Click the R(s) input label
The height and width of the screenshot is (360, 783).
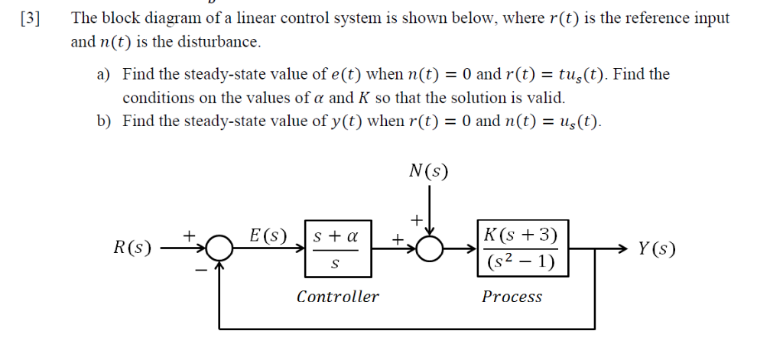[x=132, y=248]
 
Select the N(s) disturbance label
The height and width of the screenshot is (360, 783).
[x=429, y=170]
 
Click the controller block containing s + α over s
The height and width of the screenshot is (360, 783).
[x=338, y=248]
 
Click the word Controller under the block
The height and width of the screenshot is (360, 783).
[x=337, y=297]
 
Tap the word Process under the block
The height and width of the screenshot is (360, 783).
[x=512, y=297]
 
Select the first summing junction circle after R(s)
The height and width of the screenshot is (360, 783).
[x=221, y=248]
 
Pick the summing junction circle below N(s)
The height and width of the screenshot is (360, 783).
[x=430, y=248]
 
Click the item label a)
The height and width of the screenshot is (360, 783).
[x=103, y=74]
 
